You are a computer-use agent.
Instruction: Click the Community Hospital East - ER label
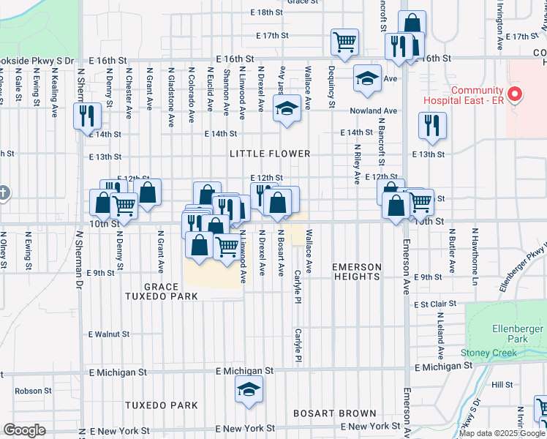(478, 95)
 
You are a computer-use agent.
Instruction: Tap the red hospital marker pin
(515, 94)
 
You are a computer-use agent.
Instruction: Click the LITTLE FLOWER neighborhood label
(270, 154)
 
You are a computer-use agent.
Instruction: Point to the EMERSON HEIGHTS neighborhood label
(357, 271)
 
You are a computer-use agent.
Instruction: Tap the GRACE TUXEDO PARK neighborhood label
(161, 291)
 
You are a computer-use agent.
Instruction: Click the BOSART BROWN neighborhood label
(334, 413)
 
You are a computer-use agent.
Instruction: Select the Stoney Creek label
(488, 353)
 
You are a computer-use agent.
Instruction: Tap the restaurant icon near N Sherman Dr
(87, 115)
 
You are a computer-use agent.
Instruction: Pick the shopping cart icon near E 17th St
(344, 42)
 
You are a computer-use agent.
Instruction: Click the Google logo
(25, 430)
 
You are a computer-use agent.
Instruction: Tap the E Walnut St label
(109, 334)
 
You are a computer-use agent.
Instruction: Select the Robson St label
(29, 391)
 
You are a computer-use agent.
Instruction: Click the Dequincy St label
(331, 87)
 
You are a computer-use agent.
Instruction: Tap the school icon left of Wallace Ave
(287, 110)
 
